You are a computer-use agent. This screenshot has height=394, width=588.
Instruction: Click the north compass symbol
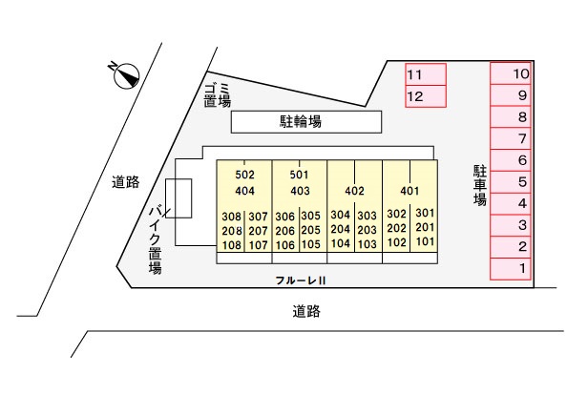coord(126,75)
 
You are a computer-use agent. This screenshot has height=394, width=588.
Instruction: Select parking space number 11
coord(426,74)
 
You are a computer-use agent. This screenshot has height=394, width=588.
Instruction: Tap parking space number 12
coord(426,96)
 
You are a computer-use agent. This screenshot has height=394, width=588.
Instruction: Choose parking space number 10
coord(511,73)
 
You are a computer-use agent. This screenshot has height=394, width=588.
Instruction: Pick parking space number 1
coord(511,269)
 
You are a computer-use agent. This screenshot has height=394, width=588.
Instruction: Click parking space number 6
coord(511,160)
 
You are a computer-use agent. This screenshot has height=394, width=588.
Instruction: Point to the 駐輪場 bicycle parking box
coord(306,122)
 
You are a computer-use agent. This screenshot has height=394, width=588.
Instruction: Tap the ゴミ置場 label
coord(218,95)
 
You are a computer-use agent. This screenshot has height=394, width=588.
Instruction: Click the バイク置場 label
coord(155,239)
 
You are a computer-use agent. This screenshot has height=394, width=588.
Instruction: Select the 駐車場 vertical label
coord(479,186)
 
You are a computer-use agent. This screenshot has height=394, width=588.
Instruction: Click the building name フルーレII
coord(301,280)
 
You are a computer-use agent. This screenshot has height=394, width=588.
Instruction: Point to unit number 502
coord(245,175)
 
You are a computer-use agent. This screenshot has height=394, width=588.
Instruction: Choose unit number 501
coord(300,175)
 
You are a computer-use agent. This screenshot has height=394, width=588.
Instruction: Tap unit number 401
coord(409,191)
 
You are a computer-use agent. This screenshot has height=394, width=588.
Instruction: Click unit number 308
coord(231,217)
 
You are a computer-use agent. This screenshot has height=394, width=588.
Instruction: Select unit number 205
coord(311,230)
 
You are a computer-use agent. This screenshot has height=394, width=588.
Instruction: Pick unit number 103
coord(367,244)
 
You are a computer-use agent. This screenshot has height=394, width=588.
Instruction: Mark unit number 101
coord(425,241)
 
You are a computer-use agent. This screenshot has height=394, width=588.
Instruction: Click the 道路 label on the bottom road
coord(306,312)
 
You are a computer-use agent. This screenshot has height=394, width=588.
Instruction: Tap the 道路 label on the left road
coord(126,182)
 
